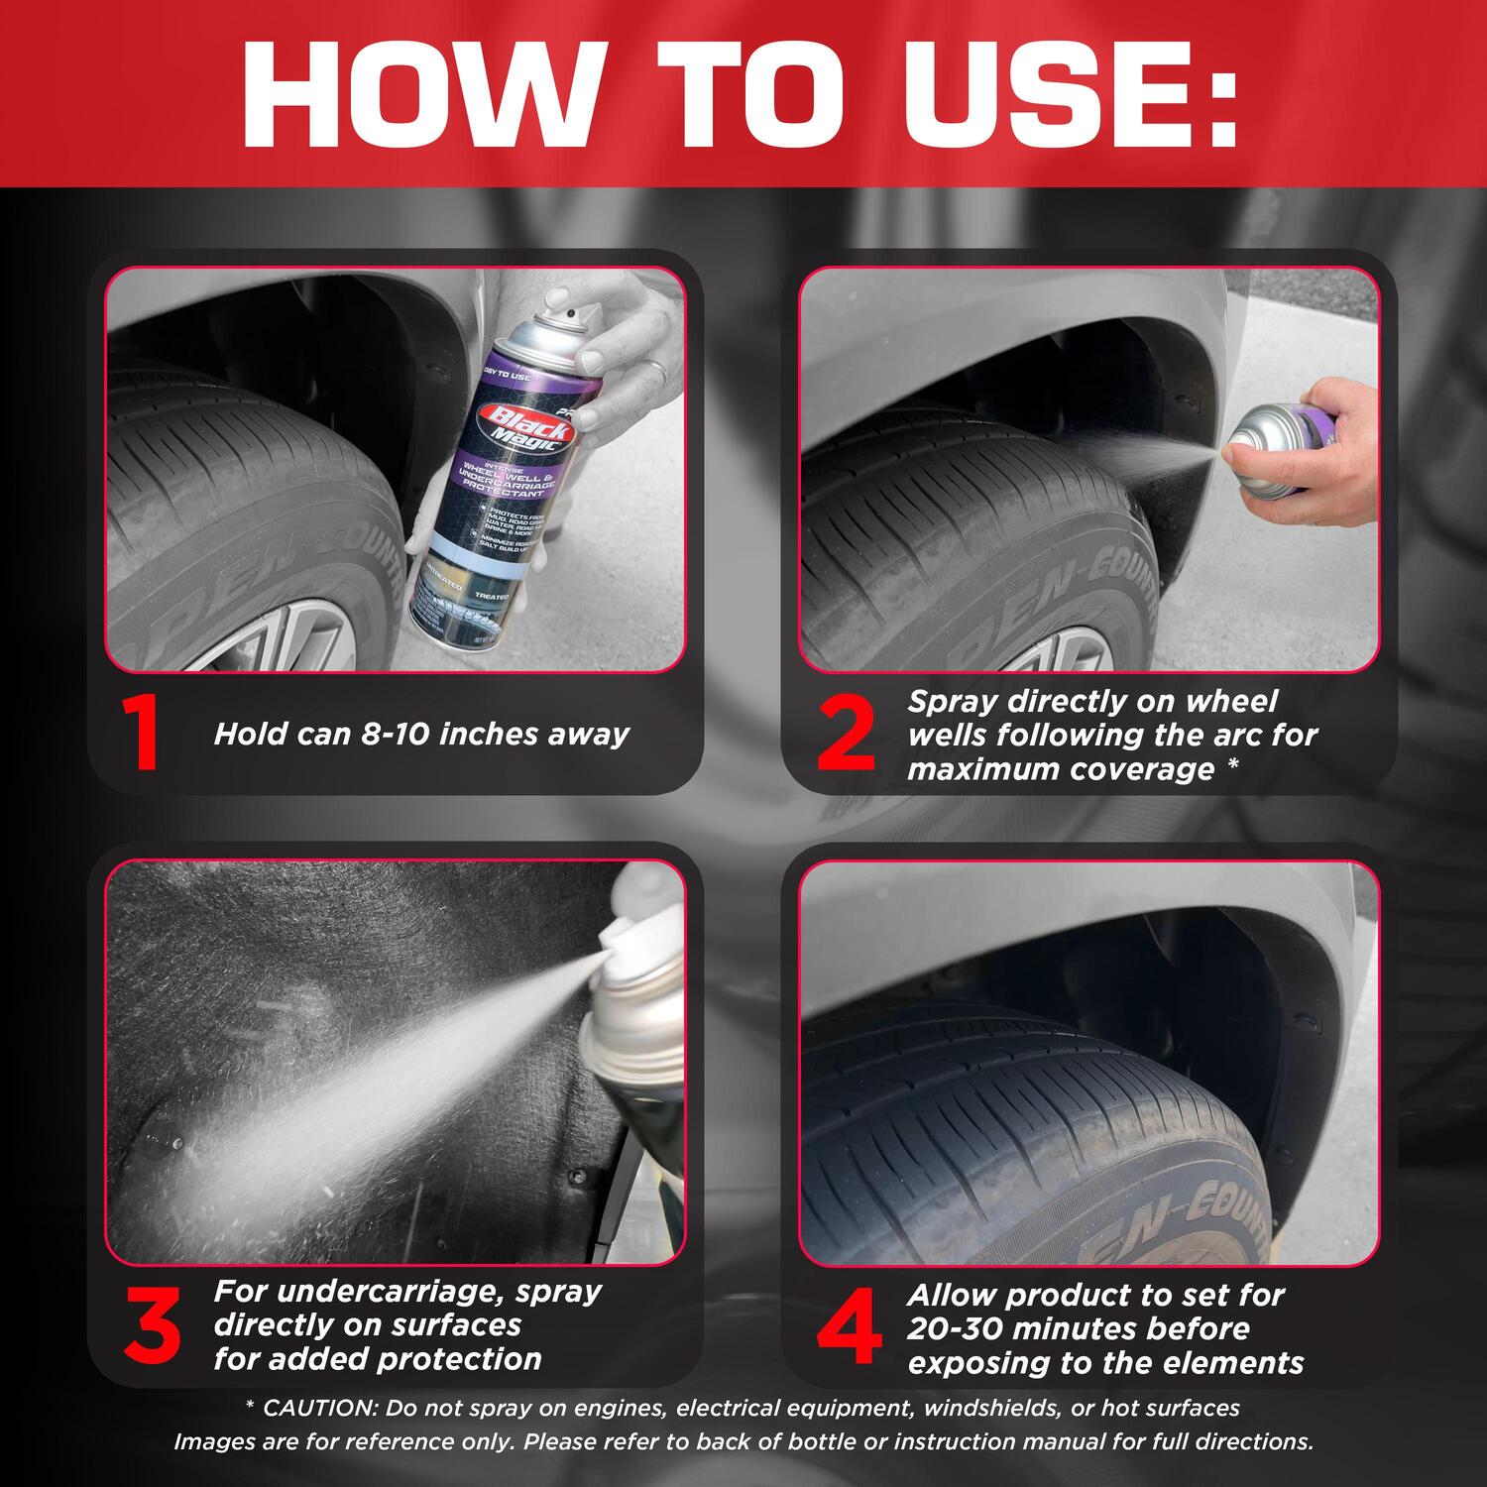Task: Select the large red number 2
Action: click(x=846, y=735)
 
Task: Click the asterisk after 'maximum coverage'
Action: click(x=1232, y=768)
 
